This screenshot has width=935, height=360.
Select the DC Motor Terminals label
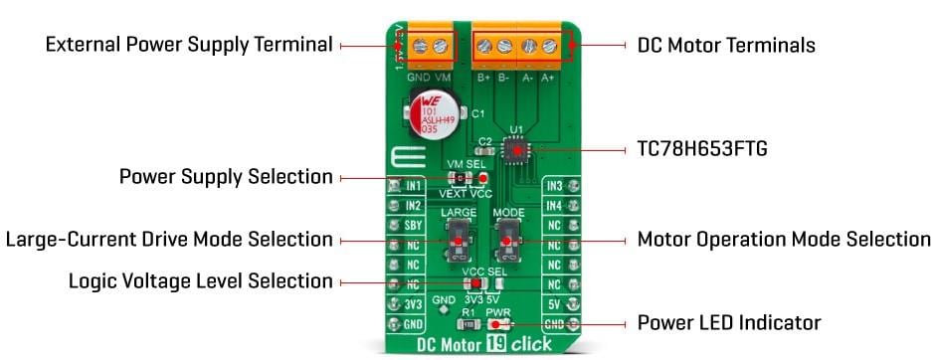click(x=726, y=46)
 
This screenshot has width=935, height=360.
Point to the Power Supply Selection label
click(x=226, y=177)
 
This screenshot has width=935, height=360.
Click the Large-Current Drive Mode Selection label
click(x=169, y=240)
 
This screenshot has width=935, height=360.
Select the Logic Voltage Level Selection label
click(x=200, y=281)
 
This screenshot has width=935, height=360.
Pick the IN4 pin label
click(x=554, y=205)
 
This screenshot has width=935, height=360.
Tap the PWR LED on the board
click(x=499, y=324)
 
